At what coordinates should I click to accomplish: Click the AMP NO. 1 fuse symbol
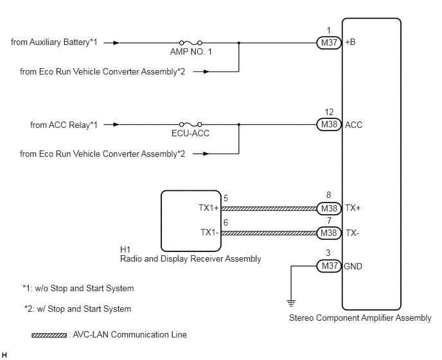pos(191,43)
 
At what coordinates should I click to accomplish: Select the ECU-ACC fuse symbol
pos(191,125)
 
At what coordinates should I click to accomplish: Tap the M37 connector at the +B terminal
pos(329,42)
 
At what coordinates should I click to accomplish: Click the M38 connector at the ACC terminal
pos(329,124)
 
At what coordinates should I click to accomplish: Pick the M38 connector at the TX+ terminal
pos(329,208)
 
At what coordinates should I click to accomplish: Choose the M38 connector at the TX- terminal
pos(329,233)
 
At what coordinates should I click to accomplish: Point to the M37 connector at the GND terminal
pos(329,265)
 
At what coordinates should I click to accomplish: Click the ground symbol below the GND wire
pos(291,303)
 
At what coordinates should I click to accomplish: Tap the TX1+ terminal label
pos(209,208)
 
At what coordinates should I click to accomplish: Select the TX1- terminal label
pos(209,233)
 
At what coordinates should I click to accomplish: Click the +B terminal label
pos(350,42)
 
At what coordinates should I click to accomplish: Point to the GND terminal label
pos(353,266)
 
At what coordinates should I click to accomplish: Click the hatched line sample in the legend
pos(49,336)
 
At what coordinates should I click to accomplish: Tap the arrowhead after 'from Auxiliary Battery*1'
pos(116,43)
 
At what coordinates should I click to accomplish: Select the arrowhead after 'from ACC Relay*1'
pos(116,125)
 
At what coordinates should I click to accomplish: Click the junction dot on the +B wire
pos(239,43)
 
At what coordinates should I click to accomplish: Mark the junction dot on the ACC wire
pos(239,125)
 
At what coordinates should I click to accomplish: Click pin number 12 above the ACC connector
pos(329,113)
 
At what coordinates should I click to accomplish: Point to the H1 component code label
pos(125,249)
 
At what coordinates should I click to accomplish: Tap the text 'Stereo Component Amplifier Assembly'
pos(360,318)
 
